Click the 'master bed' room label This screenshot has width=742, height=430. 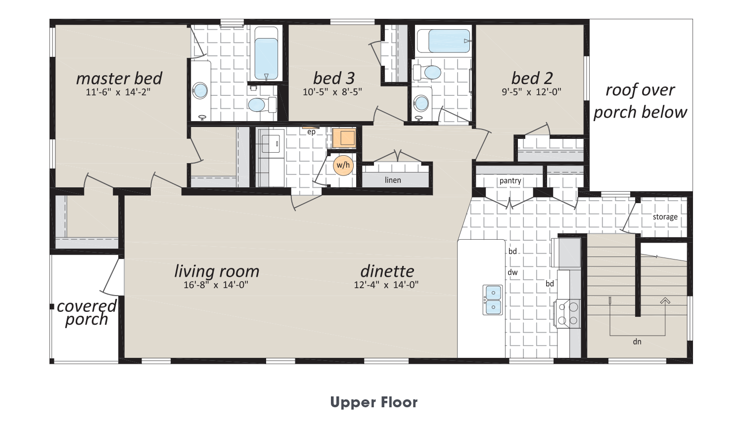(119, 79)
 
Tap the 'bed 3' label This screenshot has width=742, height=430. (333, 79)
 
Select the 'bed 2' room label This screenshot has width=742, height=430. (532, 79)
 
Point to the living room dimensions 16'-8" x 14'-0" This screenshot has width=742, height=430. (216, 285)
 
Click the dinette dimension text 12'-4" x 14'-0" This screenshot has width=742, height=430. (386, 285)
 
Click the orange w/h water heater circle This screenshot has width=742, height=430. (343, 165)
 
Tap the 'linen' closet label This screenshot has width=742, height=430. (393, 180)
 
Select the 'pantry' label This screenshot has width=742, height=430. (510, 181)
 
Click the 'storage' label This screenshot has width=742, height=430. (665, 217)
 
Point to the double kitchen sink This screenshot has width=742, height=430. (493, 300)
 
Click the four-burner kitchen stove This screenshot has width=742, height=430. (568, 314)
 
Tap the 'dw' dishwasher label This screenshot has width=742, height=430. (512, 272)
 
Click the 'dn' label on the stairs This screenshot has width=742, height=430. (637, 342)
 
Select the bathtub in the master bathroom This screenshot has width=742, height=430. (266, 54)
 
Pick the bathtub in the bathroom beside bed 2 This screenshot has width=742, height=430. (444, 41)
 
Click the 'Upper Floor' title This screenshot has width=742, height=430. (374, 402)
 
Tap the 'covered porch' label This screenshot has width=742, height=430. (87, 312)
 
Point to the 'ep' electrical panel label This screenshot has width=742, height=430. (311, 132)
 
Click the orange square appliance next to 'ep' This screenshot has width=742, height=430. (344, 137)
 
